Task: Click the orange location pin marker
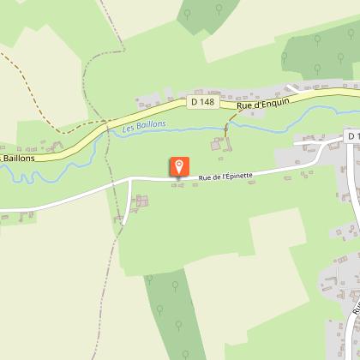point(179,167)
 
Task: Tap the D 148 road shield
point(201,102)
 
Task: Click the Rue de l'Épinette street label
point(225,176)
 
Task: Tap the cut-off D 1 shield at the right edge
point(353,137)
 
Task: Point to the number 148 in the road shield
point(206,102)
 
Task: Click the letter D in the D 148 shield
point(195,102)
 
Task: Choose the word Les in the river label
point(130,128)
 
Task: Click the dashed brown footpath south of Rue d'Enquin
point(227,128)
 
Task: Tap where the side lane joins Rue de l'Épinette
point(130,180)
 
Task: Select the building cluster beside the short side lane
point(141,201)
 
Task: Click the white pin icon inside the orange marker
point(179,165)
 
